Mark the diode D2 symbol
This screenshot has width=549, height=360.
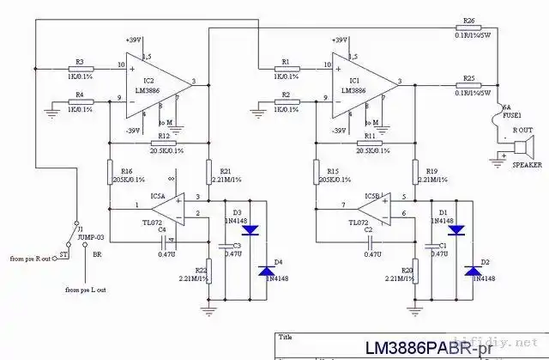click(472, 271)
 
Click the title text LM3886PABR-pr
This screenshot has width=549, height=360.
click(437, 348)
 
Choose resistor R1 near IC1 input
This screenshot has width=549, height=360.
click(286, 68)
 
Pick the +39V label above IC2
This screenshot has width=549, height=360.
click(133, 40)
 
